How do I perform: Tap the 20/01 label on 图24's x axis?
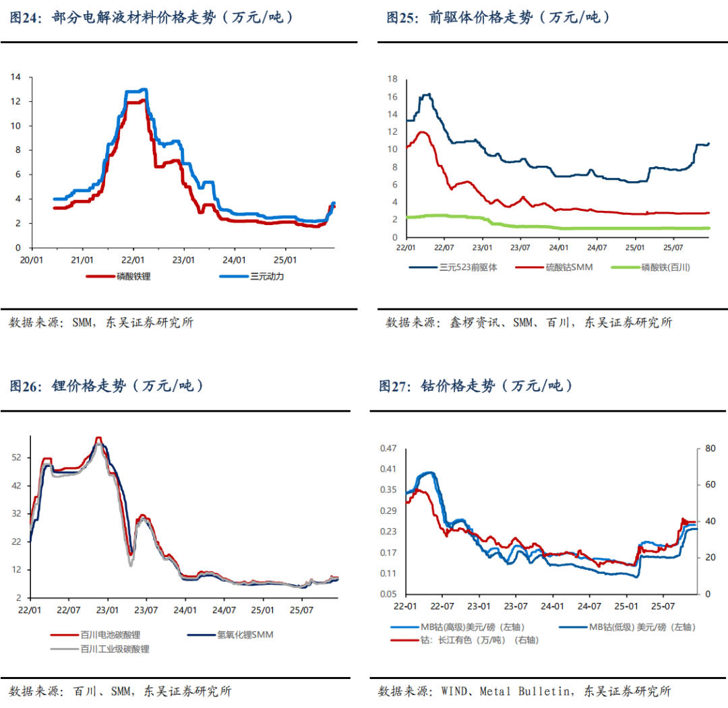(x=31, y=259)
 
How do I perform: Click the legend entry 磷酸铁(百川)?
(x=666, y=267)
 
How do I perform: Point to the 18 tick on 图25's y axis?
(x=392, y=79)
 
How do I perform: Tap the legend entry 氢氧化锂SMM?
(x=245, y=635)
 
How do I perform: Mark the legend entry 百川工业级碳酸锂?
(x=115, y=649)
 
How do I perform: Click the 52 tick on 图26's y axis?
(x=16, y=457)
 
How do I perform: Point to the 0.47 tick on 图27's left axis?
(x=389, y=449)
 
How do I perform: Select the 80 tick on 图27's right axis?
(x=708, y=449)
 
